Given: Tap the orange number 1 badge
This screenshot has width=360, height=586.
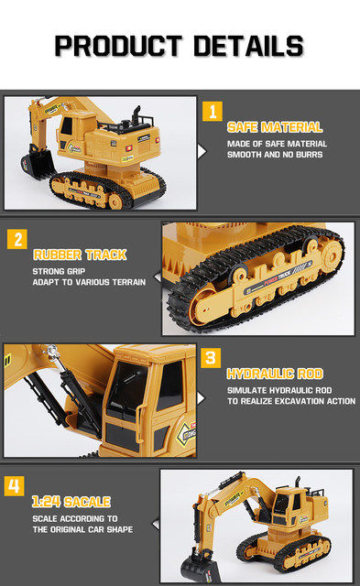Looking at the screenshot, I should (213, 112).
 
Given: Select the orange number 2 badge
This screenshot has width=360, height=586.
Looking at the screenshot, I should (16, 240).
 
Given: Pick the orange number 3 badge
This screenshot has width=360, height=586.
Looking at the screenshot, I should (212, 358).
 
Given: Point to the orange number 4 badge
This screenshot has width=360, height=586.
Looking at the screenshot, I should (14, 486).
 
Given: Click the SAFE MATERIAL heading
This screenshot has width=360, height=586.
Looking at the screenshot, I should (274, 126).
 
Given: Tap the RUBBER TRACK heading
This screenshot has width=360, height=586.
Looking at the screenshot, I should (80, 255).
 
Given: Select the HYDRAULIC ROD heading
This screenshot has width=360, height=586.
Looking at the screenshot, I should (274, 374).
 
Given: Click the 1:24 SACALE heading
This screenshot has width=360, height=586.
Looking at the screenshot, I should (71, 502).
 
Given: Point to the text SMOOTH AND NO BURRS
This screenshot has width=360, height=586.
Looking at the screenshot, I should (276, 155).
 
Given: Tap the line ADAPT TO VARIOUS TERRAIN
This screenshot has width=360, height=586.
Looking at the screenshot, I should (89, 282).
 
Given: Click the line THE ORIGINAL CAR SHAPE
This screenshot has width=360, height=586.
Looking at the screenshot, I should (82, 529).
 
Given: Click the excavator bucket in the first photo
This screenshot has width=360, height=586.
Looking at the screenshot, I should (36, 166).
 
